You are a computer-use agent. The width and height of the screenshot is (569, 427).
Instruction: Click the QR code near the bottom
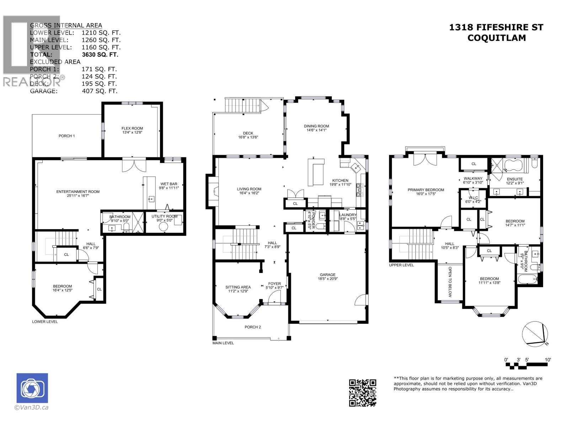point(362,392)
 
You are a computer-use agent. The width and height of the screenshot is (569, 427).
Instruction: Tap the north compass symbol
point(535,333)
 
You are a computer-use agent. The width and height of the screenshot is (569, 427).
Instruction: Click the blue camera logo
point(32,388)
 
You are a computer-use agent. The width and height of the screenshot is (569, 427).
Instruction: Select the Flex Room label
point(132,130)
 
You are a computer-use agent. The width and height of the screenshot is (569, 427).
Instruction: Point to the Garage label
point(328,276)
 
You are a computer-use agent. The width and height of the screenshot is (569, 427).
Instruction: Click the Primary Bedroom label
point(426,191)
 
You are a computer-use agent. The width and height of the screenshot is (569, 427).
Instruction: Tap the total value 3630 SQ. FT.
point(100,54)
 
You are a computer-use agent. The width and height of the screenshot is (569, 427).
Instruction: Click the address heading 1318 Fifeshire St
point(496,27)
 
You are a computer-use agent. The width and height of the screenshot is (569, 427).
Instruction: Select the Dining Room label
point(316,128)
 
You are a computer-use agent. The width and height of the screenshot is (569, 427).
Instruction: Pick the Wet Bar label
point(169,186)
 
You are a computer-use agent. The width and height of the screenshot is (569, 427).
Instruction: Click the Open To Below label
point(450,281)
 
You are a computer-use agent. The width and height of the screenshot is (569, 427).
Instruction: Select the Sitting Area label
point(238,289)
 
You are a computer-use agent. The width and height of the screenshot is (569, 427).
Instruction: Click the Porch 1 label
point(67,136)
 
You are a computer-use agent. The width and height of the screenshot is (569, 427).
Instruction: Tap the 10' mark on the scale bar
point(548,360)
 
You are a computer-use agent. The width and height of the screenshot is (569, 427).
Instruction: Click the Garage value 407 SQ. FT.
point(99,91)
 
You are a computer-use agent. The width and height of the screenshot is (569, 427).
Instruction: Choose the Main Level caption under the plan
point(223,343)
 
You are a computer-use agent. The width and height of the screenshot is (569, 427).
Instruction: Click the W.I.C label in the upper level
point(473,199)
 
